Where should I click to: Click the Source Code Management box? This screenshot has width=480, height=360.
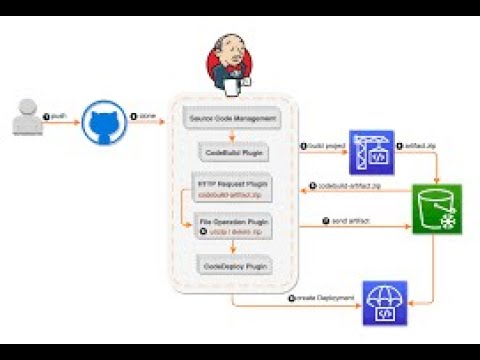(x=231, y=120)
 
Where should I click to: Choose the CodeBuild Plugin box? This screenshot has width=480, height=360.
(x=231, y=154)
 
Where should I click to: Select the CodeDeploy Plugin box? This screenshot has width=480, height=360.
(x=231, y=267)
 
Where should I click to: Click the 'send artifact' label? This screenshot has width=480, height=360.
(x=342, y=220)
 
